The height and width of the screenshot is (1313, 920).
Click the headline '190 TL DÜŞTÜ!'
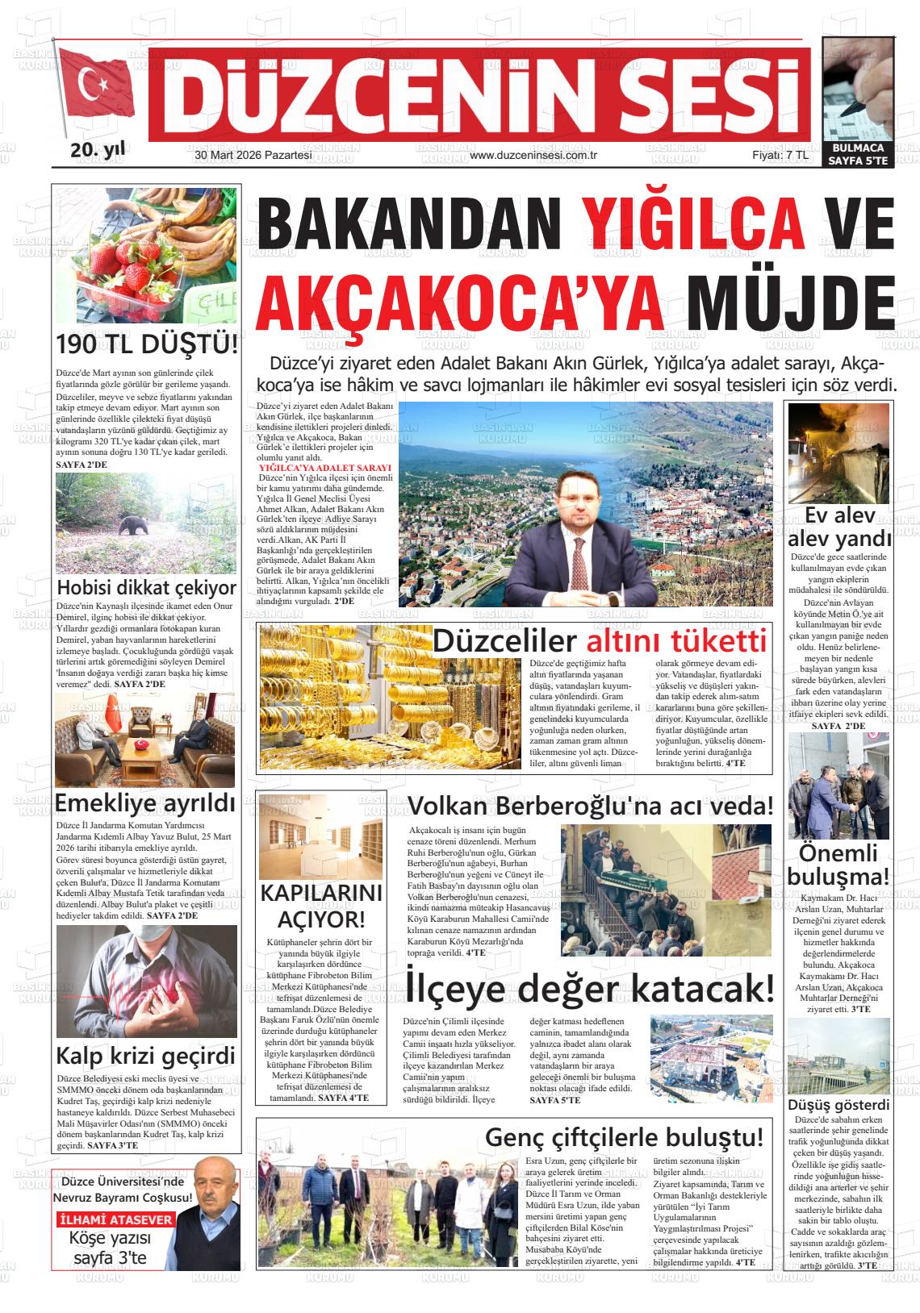point(147,344)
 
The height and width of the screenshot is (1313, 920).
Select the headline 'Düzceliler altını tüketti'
point(599,641)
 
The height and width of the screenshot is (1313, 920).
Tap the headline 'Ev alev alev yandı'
point(839,527)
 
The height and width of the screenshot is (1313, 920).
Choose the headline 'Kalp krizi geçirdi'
point(145,1056)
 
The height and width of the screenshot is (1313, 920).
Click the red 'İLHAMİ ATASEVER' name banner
point(115,1219)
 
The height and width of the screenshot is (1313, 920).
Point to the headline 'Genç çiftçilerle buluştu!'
point(624,1137)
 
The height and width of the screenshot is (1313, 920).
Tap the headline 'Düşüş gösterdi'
point(838,1105)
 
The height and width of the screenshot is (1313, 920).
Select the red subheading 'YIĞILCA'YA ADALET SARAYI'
point(325,468)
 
